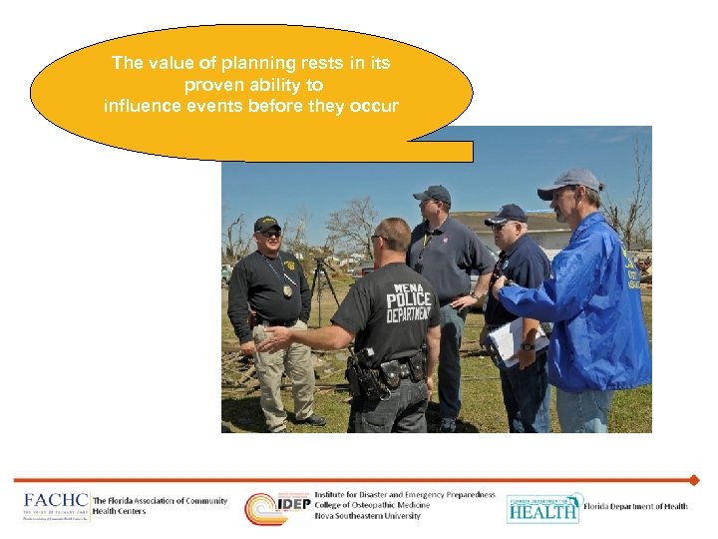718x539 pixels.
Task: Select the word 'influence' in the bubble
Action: tap(138, 106)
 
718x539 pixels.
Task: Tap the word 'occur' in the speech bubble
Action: tap(375, 106)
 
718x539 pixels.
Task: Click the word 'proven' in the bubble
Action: tap(215, 85)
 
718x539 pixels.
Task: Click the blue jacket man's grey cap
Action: tap(568, 182)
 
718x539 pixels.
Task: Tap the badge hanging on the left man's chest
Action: tap(288, 289)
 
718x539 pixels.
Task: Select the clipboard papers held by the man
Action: tap(507, 339)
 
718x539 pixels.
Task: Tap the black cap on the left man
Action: tap(266, 224)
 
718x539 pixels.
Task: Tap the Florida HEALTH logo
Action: tap(542, 508)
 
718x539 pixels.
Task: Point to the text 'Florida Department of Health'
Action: tap(635, 507)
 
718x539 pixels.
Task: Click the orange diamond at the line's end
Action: tap(693, 480)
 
